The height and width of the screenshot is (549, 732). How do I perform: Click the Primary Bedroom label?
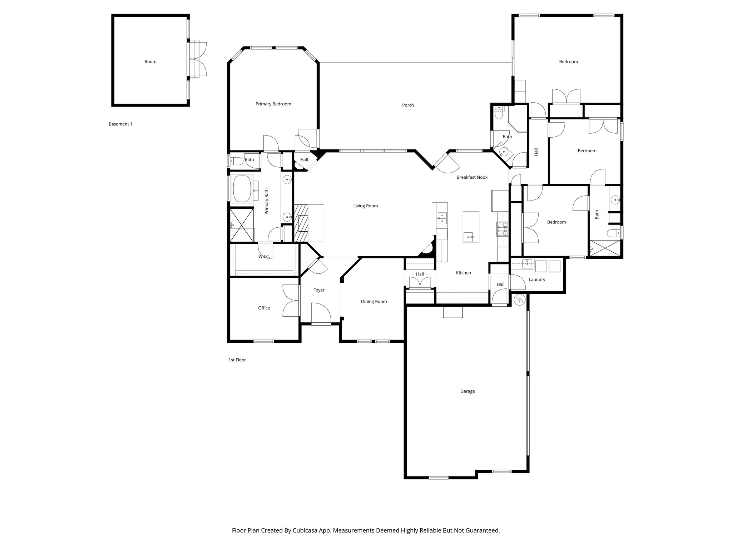click(273, 104)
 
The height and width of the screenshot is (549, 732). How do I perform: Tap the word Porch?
click(408, 105)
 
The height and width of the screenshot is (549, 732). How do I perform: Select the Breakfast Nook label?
click(472, 177)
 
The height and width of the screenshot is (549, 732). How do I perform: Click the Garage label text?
click(467, 391)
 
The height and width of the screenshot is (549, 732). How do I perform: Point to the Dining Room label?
click(374, 302)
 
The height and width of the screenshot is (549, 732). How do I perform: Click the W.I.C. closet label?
click(264, 257)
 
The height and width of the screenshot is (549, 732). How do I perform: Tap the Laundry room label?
click(536, 280)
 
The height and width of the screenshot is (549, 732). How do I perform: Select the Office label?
click(264, 308)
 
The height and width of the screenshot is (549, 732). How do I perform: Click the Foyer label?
click(319, 290)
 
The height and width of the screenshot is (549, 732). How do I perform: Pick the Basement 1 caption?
click(120, 124)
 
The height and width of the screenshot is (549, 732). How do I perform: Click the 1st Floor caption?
click(237, 360)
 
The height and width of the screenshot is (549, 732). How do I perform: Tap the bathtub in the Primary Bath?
click(242, 189)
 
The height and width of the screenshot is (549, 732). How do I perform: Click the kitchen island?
click(471, 227)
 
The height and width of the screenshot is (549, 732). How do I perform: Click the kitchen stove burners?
click(502, 229)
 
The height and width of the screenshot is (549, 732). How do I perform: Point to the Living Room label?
click(365, 206)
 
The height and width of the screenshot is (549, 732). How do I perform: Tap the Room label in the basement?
click(150, 61)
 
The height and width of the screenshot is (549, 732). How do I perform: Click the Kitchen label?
click(463, 273)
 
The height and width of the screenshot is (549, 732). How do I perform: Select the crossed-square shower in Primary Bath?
click(241, 225)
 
